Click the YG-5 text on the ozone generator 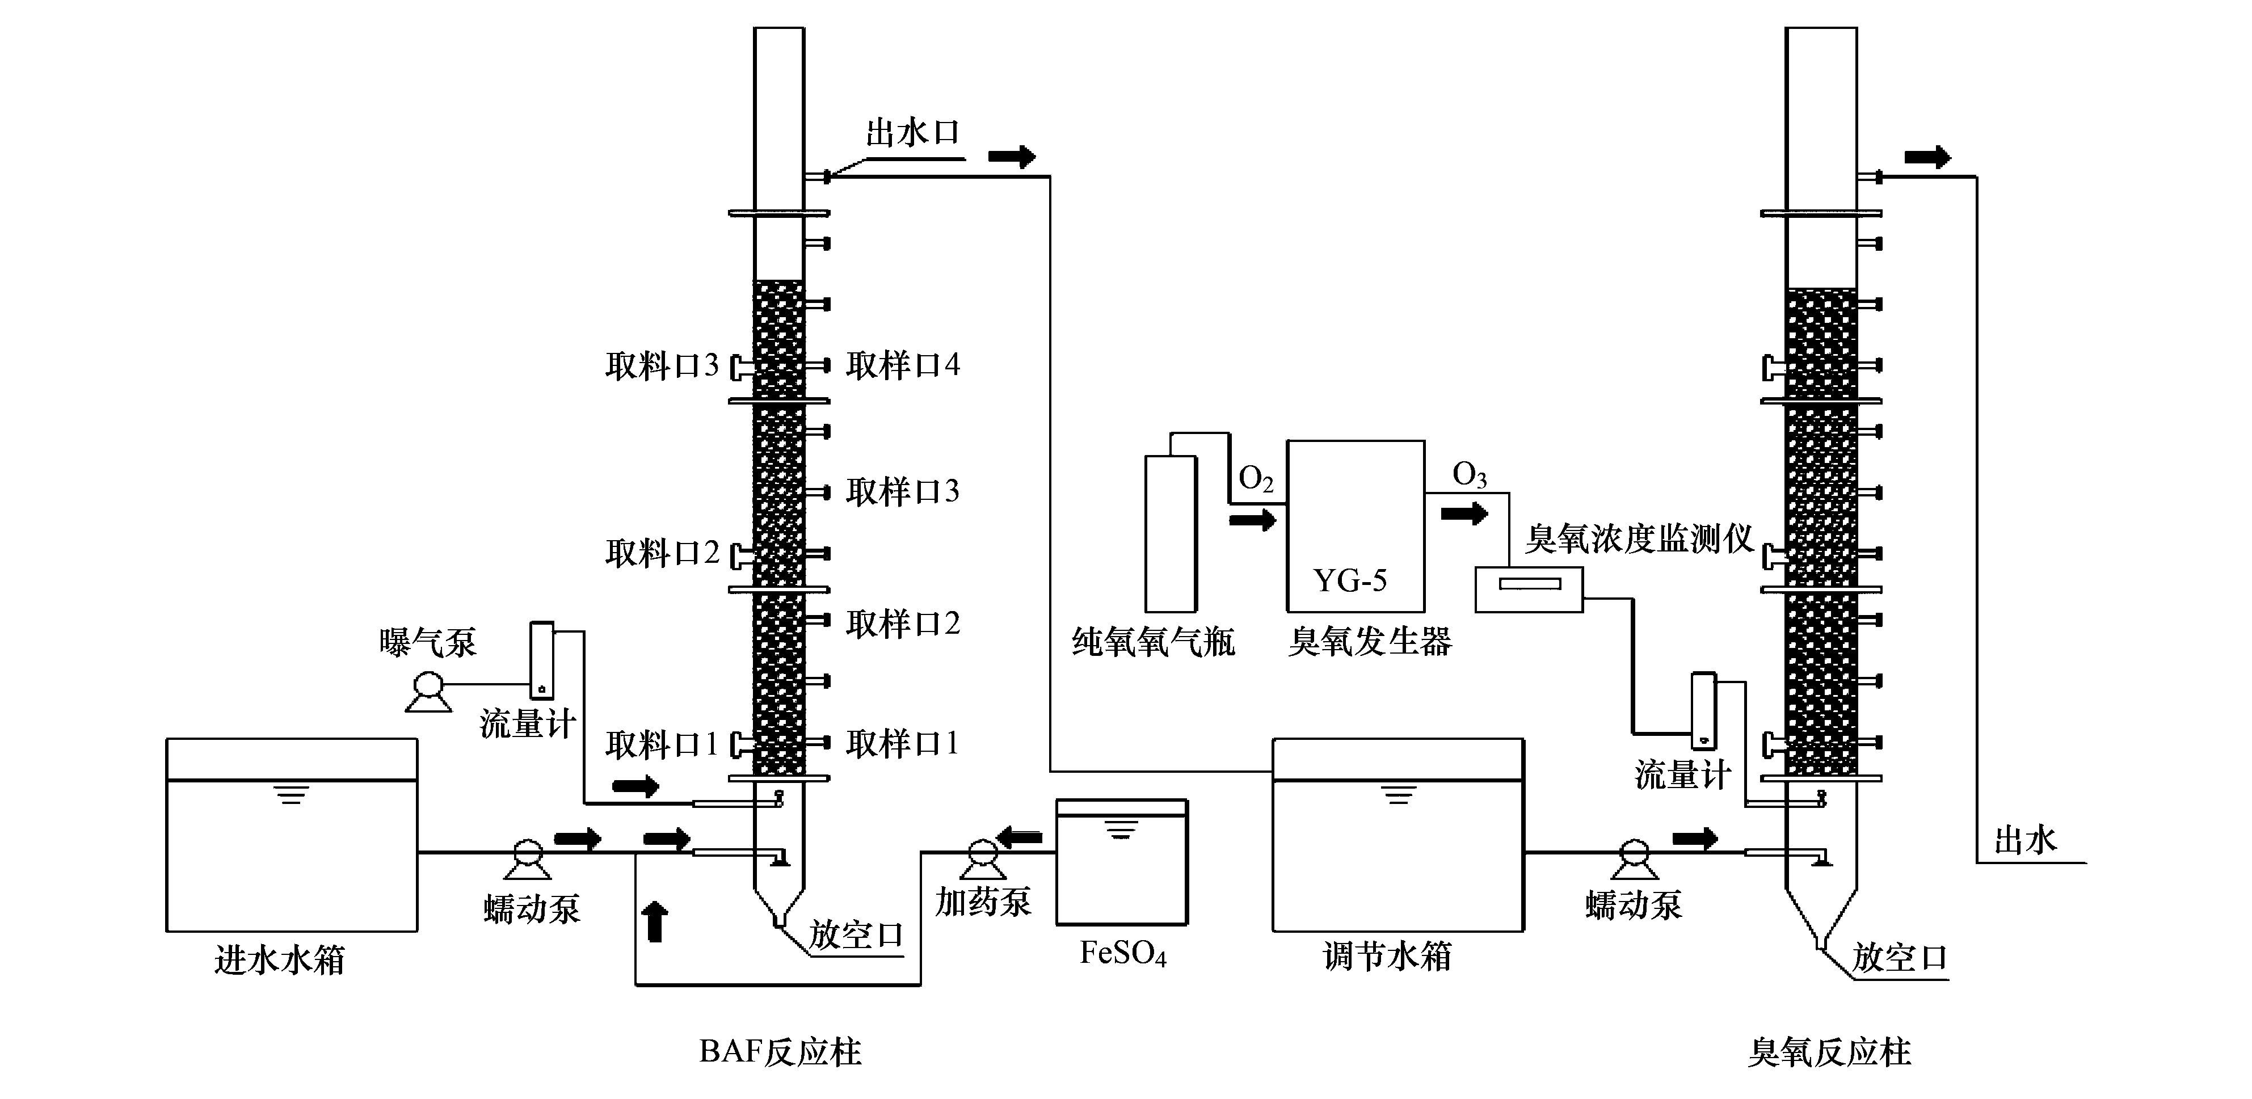(x=1350, y=580)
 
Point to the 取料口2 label (x=662, y=553)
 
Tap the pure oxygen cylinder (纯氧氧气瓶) (x=1171, y=533)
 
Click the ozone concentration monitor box (x=1529, y=589)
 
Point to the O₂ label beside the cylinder (x=1256, y=479)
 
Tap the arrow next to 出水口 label (x=1012, y=157)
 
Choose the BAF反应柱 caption (x=780, y=1052)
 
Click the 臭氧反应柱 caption (x=1829, y=1052)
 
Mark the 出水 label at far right (x=2024, y=841)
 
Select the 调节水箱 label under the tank (x=1387, y=957)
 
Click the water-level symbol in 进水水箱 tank (x=291, y=795)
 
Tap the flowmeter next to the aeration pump (x=542, y=659)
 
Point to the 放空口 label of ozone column (x=1900, y=959)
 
